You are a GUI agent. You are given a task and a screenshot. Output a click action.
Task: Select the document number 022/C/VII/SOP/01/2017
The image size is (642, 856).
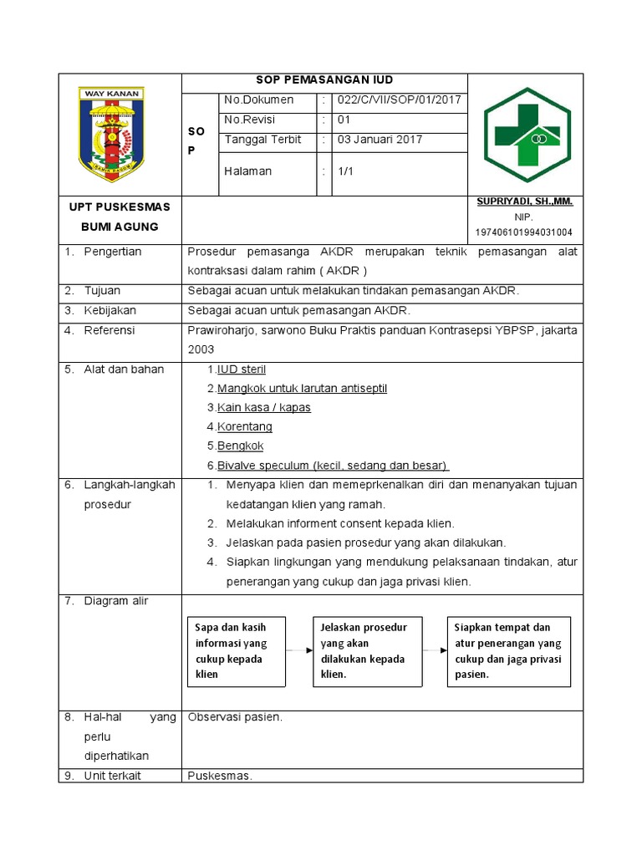398,100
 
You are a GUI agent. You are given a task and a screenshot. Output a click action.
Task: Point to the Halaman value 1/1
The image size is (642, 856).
346,171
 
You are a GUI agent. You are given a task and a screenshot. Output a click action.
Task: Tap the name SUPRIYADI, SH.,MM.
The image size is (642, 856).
524,201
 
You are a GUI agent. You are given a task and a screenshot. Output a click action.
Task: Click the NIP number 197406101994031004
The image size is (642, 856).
524,232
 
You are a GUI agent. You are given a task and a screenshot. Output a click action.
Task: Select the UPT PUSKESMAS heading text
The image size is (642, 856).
119,206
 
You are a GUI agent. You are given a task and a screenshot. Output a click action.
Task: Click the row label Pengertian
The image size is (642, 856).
113,252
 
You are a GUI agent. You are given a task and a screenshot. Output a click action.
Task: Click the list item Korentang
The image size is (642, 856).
244,426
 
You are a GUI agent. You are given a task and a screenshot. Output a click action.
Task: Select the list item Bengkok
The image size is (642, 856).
240,446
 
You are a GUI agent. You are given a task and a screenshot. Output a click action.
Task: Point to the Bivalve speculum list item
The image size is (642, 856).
332,465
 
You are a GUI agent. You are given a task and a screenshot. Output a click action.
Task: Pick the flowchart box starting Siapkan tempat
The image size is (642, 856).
509,651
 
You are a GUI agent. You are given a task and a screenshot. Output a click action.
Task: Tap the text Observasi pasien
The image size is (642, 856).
235,716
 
